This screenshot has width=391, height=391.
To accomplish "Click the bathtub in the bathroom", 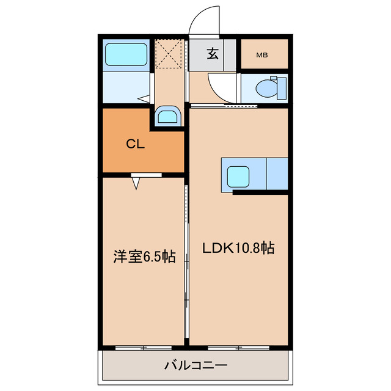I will pyautogui.click(x=127, y=55).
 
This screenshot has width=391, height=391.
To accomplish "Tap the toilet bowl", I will pyautogui.click(x=266, y=89).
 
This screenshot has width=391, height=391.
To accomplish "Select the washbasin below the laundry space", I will pyautogui.click(x=167, y=115).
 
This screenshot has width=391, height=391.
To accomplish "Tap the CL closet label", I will pyautogui.click(x=135, y=144).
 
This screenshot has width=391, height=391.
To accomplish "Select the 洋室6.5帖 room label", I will pyautogui.click(x=144, y=257).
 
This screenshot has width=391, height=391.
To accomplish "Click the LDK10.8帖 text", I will pyautogui.click(x=238, y=248).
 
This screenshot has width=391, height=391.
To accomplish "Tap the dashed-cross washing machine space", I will pyautogui.click(x=169, y=53).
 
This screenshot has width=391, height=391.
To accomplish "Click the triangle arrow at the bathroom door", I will pyautogui.click(x=145, y=98).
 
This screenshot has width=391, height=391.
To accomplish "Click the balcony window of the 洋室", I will pyautogui.click(x=144, y=348).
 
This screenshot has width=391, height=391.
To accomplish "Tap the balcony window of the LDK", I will pyautogui.click(x=238, y=348).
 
